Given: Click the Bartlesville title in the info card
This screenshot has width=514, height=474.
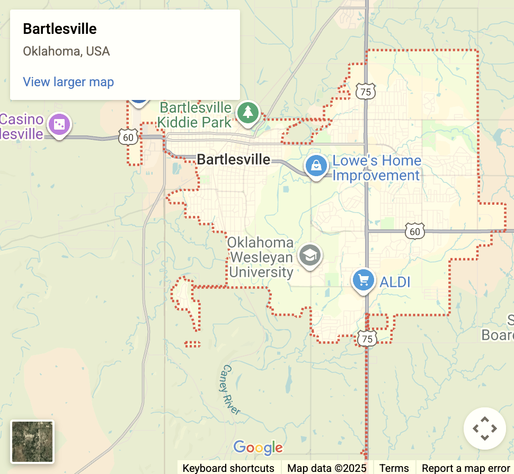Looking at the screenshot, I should click(60, 29).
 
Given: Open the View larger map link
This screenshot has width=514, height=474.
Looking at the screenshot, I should click(68, 82).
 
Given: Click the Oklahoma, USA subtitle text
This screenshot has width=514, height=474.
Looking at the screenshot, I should click(66, 51).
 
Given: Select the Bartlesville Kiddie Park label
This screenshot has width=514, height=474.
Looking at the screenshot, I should click(196, 115).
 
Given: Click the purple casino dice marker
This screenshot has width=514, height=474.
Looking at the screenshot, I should click(59, 125).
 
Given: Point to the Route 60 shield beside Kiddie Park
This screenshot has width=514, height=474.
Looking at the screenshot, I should click(129, 138).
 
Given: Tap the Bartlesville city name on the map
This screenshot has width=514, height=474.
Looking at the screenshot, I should click(233, 159).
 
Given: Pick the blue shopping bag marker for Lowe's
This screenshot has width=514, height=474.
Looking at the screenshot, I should click(316, 166).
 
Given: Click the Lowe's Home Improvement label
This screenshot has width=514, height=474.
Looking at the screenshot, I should click(376, 168).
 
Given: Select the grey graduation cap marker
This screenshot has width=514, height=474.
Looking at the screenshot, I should click(309, 256).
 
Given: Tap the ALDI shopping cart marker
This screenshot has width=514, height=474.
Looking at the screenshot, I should click(364, 280).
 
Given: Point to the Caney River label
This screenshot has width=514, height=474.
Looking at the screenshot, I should click(232, 389).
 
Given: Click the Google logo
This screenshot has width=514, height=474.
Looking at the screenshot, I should click(258, 448).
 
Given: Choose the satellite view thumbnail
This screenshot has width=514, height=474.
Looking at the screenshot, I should click(32, 442).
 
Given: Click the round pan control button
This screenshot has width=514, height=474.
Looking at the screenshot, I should click(484, 429).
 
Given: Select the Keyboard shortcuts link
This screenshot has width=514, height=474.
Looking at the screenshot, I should click(228, 468).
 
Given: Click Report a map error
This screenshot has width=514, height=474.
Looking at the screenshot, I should click(465, 468).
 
